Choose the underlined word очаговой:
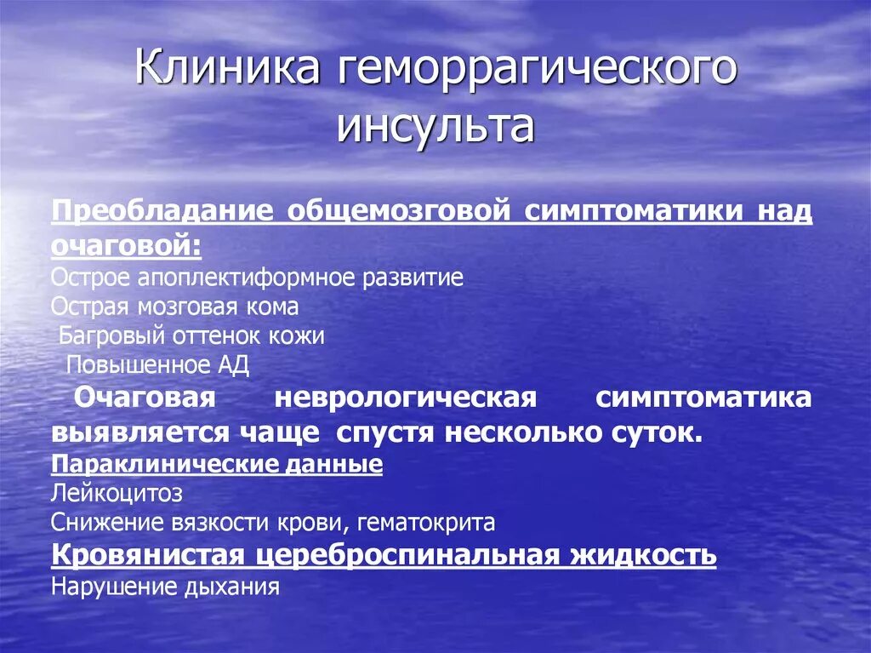pos(127,246)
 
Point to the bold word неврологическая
pos(407,398)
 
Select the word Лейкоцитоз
pos(117,494)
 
